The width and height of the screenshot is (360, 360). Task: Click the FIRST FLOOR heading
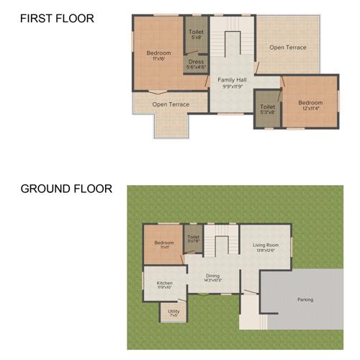click(x=57, y=19)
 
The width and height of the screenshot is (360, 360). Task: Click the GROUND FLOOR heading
click(x=66, y=189)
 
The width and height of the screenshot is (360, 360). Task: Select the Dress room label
click(x=196, y=62)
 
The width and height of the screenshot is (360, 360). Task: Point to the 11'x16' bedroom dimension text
click(x=158, y=58)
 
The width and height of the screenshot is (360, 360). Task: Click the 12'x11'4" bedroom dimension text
click(x=310, y=108)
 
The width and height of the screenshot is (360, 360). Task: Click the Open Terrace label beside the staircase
click(x=288, y=48)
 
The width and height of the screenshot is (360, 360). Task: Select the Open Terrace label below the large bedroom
click(x=171, y=104)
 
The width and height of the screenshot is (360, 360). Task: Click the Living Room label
click(x=265, y=246)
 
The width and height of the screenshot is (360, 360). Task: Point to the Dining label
click(x=212, y=275)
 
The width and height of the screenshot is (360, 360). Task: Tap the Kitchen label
click(x=164, y=283)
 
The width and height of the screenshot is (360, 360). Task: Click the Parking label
click(x=305, y=299)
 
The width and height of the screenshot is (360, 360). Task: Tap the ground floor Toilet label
click(x=193, y=237)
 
